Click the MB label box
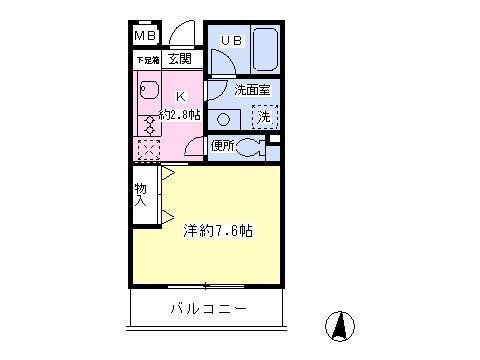pyautogui.click(x=146, y=37)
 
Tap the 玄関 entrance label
pyautogui.click(x=180, y=59)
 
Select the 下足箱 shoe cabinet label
pyautogui.click(x=147, y=60)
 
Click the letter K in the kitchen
pyautogui.click(x=180, y=96)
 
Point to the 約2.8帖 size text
pyautogui.click(x=180, y=114)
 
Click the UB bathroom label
pyautogui.click(x=231, y=41)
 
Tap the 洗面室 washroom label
pyautogui.click(x=252, y=90)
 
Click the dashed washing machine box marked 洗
pyautogui.click(x=264, y=117)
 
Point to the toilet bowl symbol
pyautogui.click(x=251, y=148)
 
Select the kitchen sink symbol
pyautogui.click(x=147, y=94)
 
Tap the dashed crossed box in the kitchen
pyautogui.click(x=147, y=151)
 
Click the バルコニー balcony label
pyautogui.click(x=208, y=309)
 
